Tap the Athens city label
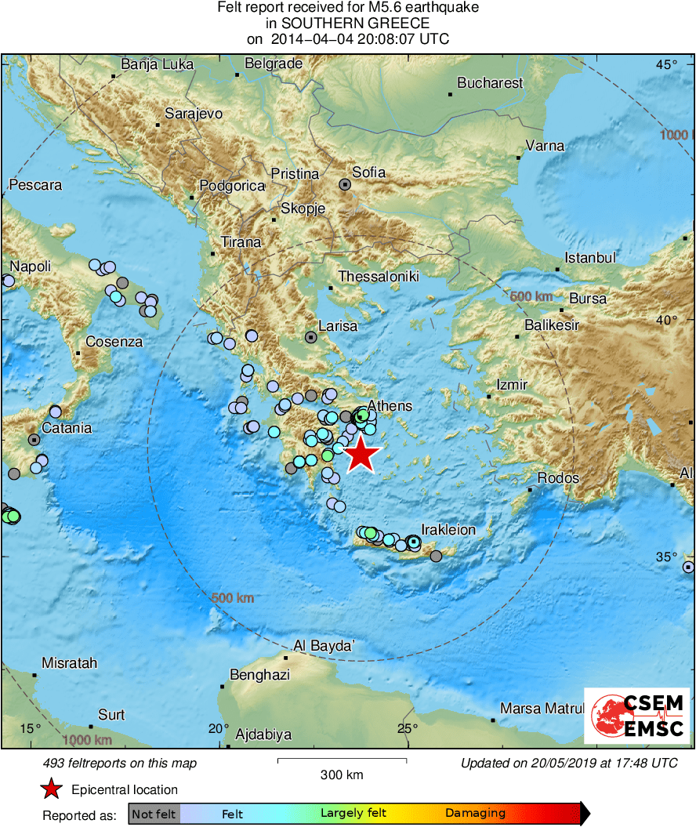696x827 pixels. tap(390, 405)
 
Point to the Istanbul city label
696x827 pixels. tap(590, 258)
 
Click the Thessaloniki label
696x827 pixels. tap(379, 277)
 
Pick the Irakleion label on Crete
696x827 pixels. tap(448, 530)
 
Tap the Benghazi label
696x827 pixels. tap(259, 675)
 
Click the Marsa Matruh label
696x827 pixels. tap(542, 709)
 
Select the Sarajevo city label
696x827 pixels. tap(194, 114)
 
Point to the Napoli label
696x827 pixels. tap(31, 267)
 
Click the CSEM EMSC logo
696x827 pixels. tap(637, 716)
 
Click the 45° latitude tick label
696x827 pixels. tap(667, 64)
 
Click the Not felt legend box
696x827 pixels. tap(154, 814)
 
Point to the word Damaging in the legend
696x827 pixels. tap(475, 814)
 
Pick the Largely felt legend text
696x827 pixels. tap(353, 814)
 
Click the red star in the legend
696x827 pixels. tap(51, 789)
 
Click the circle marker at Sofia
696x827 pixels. tap(345, 184)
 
